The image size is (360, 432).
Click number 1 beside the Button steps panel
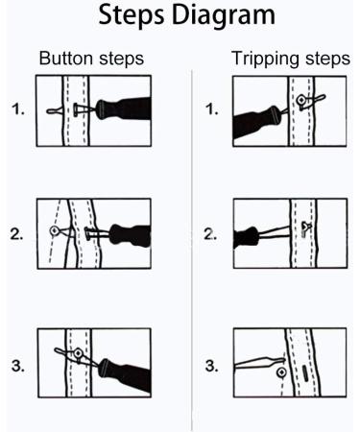click(17, 109)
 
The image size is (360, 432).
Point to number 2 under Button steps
click(17, 232)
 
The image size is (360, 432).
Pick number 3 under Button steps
click(17, 366)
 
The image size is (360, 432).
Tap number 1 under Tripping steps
click(212, 109)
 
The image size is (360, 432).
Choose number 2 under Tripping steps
click(212, 232)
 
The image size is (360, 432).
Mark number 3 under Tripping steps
click(212, 366)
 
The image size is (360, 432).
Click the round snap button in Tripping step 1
click(301, 99)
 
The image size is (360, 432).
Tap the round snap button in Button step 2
click(54, 230)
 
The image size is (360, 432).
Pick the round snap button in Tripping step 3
click(280, 371)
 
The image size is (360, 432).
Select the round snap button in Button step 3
click(76, 353)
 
